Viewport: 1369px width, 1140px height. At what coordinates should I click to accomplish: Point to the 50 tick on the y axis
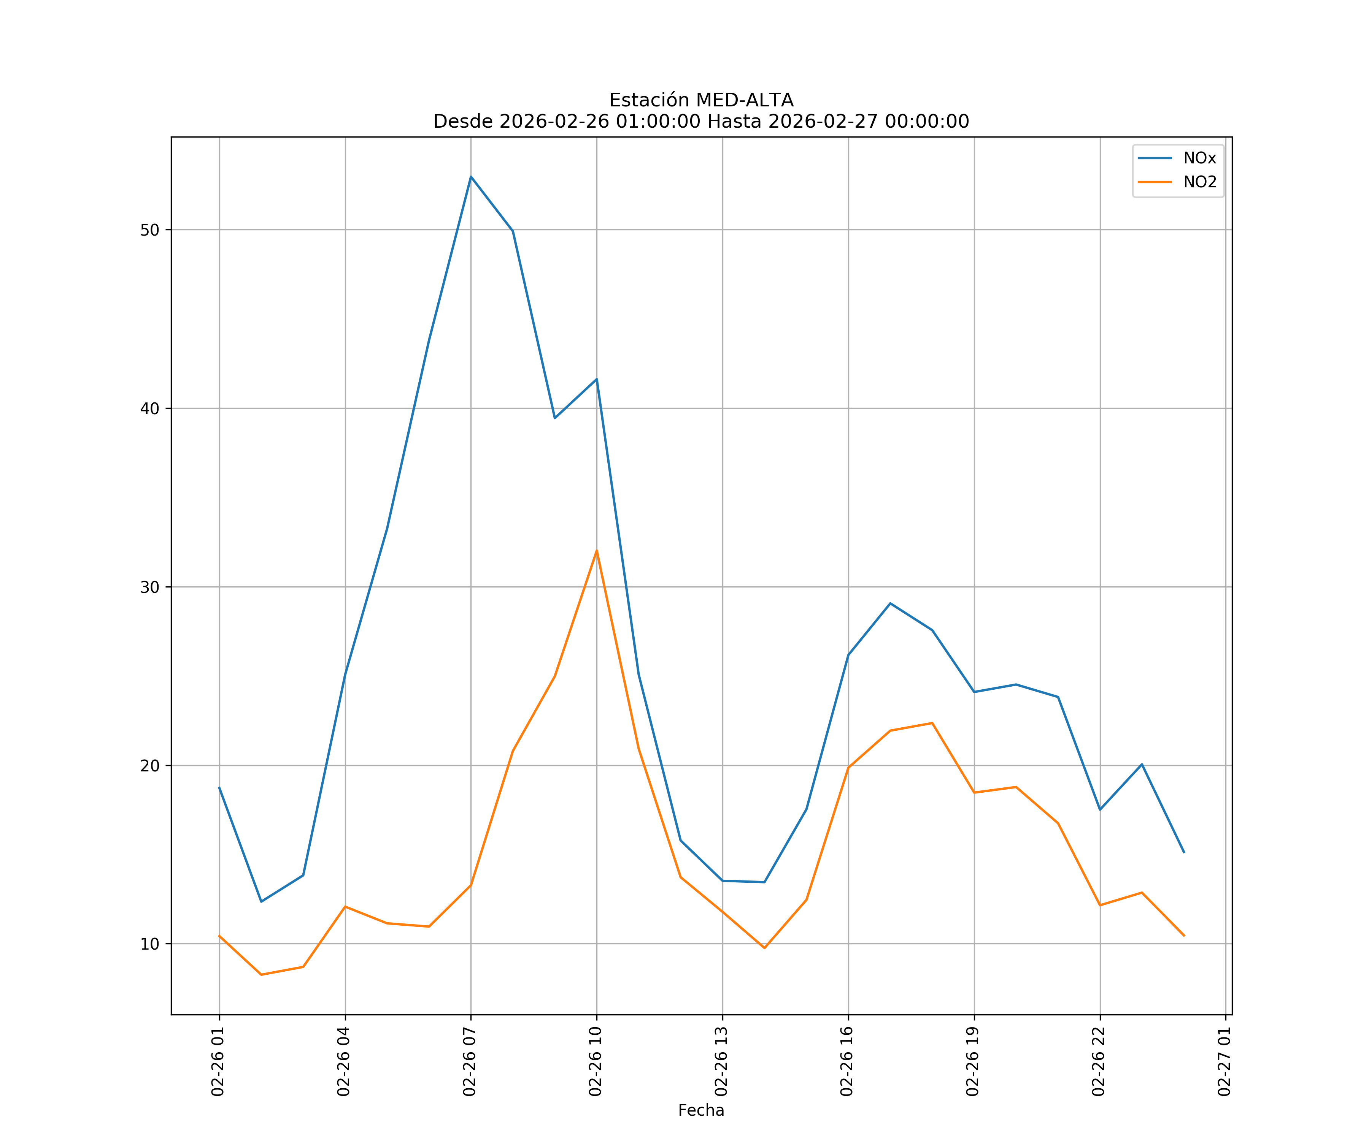pyautogui.click(x=150, y=230)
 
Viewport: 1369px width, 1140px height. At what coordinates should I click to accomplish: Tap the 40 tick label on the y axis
pyautogui.click(x=150, y=408)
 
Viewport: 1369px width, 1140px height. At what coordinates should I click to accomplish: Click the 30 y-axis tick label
pyautogui.click(x=150, y=587)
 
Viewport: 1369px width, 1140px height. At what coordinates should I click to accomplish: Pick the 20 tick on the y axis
pyautogui.click(x=150, y=765)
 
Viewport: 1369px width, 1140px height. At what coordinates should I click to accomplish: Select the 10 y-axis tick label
pyautogui.click(x=150, y=944)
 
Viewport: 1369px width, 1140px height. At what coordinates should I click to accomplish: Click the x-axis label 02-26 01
pyautogui.click(x=218, y=1061)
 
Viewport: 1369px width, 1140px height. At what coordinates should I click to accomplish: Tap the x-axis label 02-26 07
pyautogui.click(x=469, y=1061)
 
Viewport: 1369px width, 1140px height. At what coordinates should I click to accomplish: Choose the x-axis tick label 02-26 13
pyautogui.click(x=721, y=1061)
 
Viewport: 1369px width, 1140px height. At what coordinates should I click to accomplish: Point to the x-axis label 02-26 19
pyautogui.click(x=973, y=1061)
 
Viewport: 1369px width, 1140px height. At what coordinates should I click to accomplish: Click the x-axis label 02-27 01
pyautogui.click(x=1224, y=1061)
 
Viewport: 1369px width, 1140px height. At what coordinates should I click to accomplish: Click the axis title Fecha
pyautogui.click(x=701, y=1110)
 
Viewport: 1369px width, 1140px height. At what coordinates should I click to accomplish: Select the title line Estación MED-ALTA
pyautogui.click(x=701, y=100)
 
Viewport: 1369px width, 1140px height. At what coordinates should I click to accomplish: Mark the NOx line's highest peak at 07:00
pyautogui.click(x=471, y=177)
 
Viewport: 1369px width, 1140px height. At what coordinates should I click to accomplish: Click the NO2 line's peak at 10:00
pyautogui.click(x=597, y=551)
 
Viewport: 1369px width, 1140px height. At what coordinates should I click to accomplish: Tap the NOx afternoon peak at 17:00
pyautogui.click(x=890, y=603)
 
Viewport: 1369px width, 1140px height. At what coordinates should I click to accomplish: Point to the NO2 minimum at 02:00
pyautogui.click(x=261, y=975)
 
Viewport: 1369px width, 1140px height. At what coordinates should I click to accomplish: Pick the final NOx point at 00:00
pyautogui.click(x=1184, y=852)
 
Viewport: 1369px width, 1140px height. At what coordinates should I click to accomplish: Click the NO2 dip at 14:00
pyautogui.click(x=764, y=948)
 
